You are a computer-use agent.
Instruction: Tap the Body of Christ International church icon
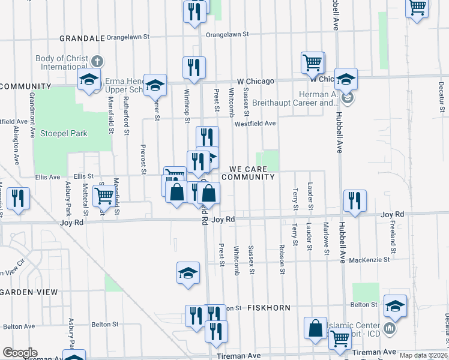(x=97, y=61)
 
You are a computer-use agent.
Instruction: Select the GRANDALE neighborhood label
(x=82, y=38)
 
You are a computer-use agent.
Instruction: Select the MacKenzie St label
(x=369, y=260)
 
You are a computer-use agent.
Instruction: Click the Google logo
(x=20, y=353)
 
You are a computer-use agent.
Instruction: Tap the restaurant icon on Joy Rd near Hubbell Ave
(x=355, y=201)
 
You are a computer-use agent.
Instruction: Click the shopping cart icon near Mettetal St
(x=104, y=195)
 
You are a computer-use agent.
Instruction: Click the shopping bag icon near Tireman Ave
(x=315, y=328)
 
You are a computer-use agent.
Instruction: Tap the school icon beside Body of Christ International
(x=89, y=79)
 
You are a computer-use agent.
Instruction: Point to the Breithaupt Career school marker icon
(x=346, y=97)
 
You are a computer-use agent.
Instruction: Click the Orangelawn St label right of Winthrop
(x=227, y=35)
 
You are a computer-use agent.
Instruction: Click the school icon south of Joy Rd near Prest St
(x=188, y=273)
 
